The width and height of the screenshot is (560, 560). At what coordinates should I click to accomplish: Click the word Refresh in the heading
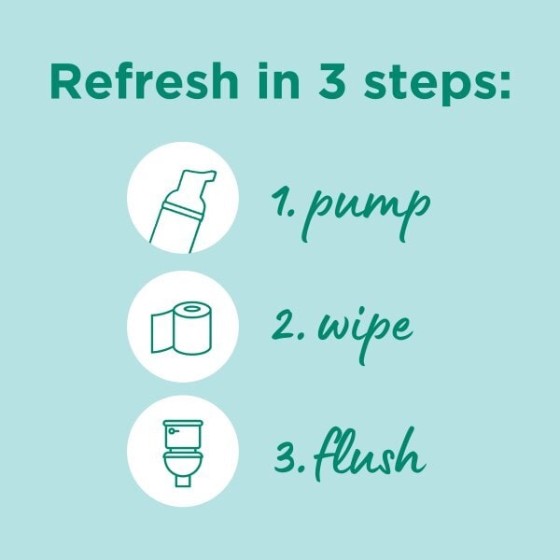[144, 80]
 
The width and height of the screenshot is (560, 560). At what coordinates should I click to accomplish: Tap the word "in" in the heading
[278, 80]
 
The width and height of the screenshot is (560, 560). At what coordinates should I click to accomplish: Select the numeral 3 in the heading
[331, 81]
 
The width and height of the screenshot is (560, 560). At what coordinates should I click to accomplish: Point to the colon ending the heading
[504, 85]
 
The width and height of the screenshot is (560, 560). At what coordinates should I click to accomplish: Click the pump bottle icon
[183, 212]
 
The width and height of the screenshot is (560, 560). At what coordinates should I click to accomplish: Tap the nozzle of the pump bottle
[208, 175]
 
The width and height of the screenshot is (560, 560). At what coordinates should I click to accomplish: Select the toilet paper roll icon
[181, 329]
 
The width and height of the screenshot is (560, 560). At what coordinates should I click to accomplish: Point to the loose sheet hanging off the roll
[162, 332]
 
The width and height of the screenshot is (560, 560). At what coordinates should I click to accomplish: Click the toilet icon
[183, 453]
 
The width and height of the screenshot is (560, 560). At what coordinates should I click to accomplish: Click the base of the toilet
[183, 480]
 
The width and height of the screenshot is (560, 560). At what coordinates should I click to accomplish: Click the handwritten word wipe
[365, 334]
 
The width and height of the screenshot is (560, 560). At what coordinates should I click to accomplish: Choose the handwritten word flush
[369, 454]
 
